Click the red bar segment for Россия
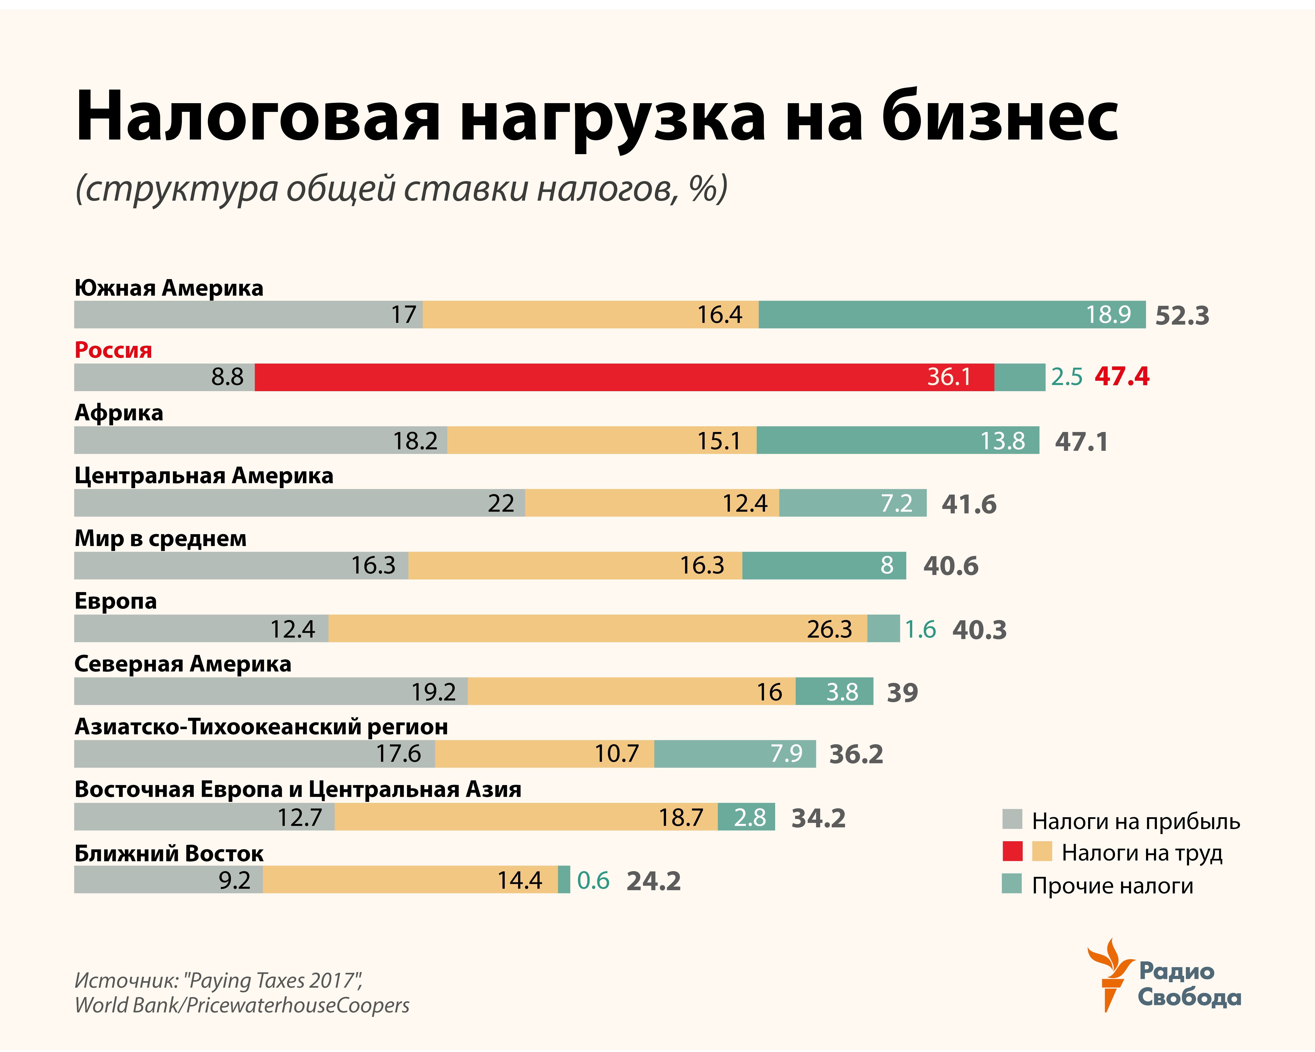click(624, 377)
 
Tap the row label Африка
click(119, 413)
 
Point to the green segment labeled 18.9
click(952, 315)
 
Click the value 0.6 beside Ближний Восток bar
click(593, 880)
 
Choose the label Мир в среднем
click(160, 539)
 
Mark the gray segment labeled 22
click(299, 503)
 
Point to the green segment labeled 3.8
click(834, 692)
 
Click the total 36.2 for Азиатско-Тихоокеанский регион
click(856, 754)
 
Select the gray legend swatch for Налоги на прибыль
click(1012, 819)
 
